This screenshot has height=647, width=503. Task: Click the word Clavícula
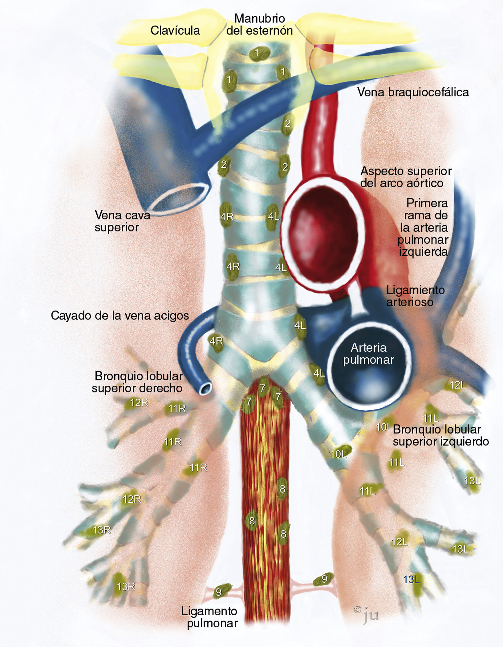[175, 30]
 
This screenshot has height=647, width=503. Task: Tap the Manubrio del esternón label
[259, 25]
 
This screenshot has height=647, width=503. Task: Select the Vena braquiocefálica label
[413, 92]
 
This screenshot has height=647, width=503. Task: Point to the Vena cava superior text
[122, 221]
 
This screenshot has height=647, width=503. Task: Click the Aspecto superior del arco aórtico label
[405, 177]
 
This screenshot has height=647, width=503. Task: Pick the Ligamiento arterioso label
[415, 296]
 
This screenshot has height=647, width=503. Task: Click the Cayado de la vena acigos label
[120, 315]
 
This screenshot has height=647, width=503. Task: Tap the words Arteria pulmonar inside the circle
[368, 354]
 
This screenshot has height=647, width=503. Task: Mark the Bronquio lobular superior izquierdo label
[440, 435]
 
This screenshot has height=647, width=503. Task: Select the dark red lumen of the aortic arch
[320, 231]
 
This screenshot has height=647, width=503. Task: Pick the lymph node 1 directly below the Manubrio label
[257, 54]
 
